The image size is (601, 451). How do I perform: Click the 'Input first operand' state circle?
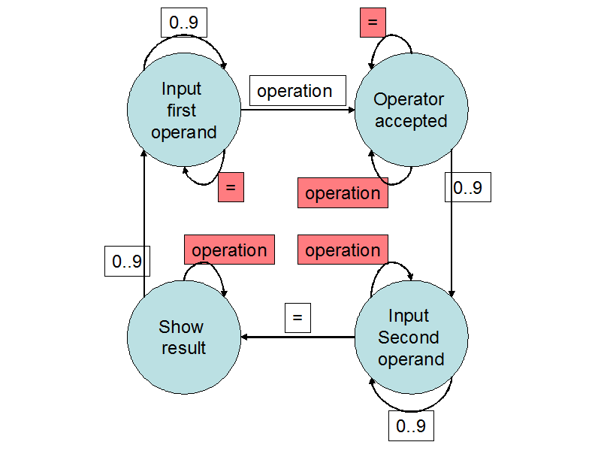pyautogui.click(x=184, y=110)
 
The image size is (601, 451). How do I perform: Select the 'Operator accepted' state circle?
pyautogui.click(x=410, y=110)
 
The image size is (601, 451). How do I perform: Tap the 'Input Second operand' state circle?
pyautogui.click(x=410, y=337)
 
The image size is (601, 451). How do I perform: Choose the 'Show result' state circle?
pyautogui.click(x=184, y=337)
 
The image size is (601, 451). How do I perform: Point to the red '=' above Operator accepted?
pyautogui.click(x=372, y=23)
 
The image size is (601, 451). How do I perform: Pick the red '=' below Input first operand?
pyautogui.click(x=231, y=186)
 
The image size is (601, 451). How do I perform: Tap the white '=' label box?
pyautogui.click(x=297, y=317)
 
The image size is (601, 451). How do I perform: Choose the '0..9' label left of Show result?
pyautogui.click(x=124, y=261)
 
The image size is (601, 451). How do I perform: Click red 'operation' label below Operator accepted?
pyautogui.click(x=343, y=193)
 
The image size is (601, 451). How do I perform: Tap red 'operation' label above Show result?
pyautogui.click(x=229, y=250)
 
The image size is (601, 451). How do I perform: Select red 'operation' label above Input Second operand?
pyautogui.click(x=343, y=250)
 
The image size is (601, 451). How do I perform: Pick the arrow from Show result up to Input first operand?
pyautogui.click(x=143, y=225)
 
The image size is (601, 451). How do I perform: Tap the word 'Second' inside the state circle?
pyautogui.click(x=409, y=337)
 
